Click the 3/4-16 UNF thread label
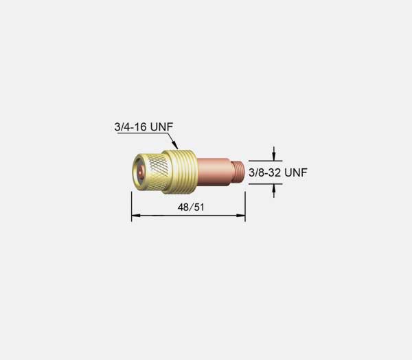144,126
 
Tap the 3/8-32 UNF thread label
277,172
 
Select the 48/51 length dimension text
191,207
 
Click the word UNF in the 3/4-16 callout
162,126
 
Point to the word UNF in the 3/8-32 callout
296,172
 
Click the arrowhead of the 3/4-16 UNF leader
176,146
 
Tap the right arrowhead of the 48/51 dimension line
241,216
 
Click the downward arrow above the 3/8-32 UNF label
274,154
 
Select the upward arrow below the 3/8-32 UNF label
274,191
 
